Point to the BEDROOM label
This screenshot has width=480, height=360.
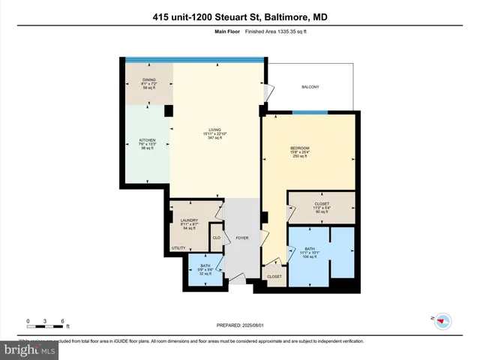(300, 148)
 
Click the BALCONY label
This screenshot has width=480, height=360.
(310, 88)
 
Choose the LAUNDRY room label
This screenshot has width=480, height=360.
(189, 220)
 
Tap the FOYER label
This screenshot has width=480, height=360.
(241, 238)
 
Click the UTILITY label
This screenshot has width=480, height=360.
(178, 247)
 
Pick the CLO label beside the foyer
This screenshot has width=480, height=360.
(216, 238)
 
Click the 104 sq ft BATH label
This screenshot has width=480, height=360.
(310, 249)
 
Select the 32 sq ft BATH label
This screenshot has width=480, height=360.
(205, 266)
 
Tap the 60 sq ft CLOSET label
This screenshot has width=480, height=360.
(322, 205)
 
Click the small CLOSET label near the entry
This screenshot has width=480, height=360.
(274, 277)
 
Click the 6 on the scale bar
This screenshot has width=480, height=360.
(63, 321)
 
